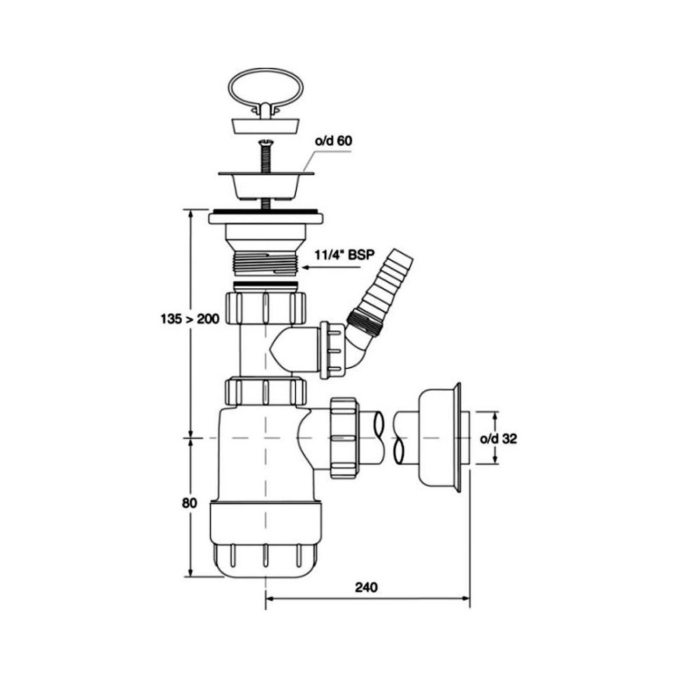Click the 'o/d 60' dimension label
333,140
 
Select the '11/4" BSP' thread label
344,255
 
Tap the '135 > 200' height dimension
190,319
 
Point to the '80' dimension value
189,503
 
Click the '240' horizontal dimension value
366,587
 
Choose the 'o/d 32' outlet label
498,439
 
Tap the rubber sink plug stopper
266,126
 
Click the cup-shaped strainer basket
266,185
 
